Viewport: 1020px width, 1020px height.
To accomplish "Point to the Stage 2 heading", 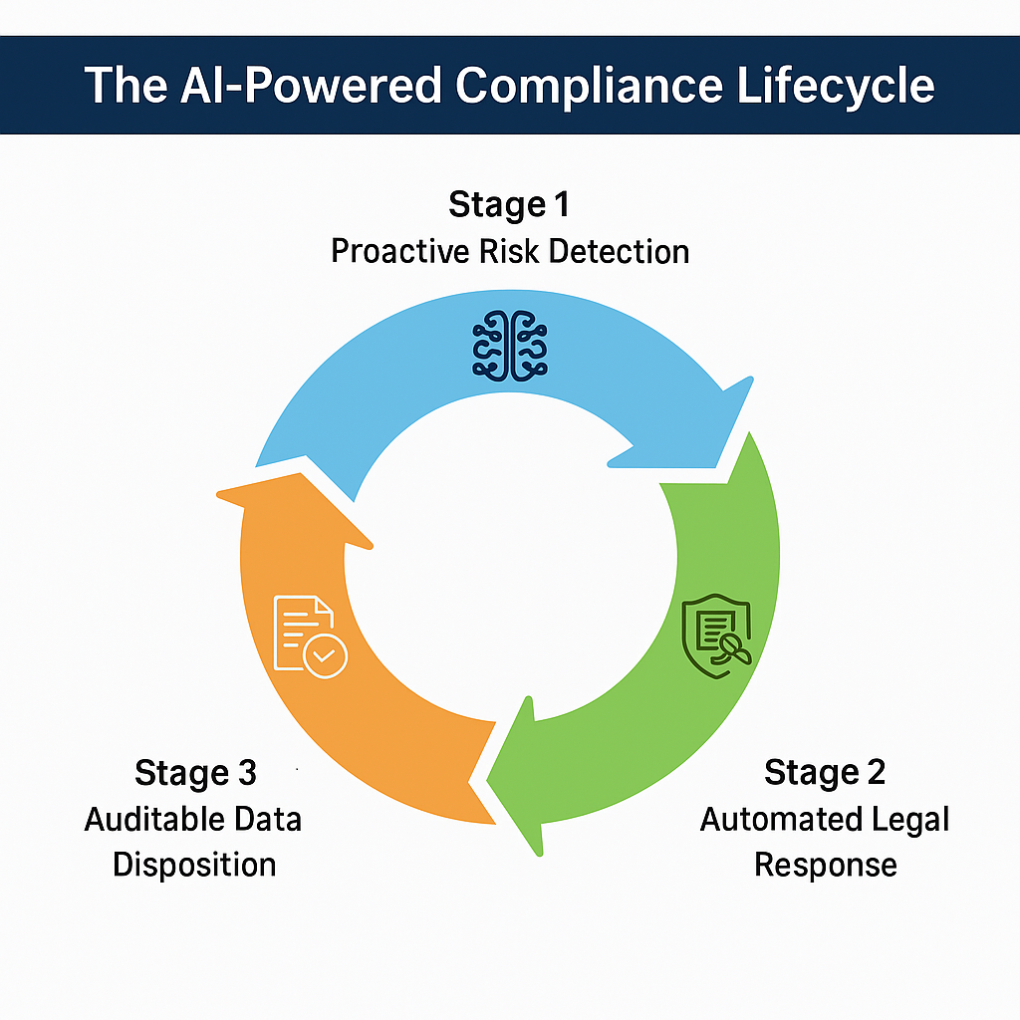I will click(825, 772).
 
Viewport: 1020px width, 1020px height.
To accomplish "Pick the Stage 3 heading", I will click(195, 772).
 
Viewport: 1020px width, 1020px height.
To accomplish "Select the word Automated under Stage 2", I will click(771, 819).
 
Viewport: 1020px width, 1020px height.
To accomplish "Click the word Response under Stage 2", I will click(825, 864).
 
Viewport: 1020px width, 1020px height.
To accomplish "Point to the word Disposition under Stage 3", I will click(194, 864).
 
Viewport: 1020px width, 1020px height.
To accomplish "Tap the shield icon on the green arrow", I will click(714, 636).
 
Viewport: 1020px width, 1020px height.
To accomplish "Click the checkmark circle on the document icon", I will click(325, 656).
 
